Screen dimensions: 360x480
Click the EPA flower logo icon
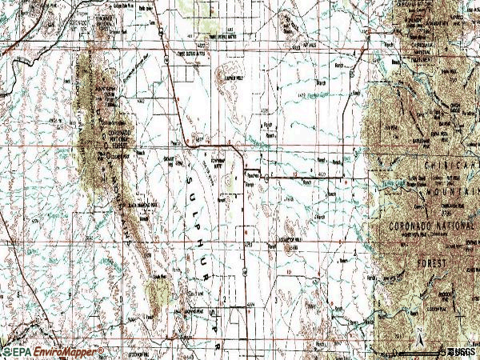tap(6, 352)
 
